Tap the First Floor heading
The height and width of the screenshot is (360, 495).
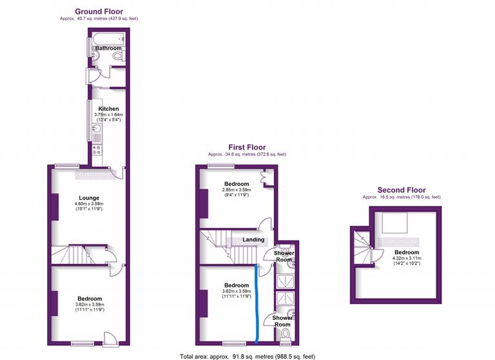click(246, 147)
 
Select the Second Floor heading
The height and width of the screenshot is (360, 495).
click(402, 190)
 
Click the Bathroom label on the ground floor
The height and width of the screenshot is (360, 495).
click(108, 48)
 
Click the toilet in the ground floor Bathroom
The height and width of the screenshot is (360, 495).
click(117, 57)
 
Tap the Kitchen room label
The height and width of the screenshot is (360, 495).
click(108, 109)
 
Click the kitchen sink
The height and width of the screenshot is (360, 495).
click(97, 128)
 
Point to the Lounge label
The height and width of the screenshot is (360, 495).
click(89, 197)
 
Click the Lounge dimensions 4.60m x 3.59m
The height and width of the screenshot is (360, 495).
click(90, 205)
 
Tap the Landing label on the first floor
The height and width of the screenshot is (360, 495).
click(253, 240)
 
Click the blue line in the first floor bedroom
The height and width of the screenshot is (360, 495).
click(257, 303)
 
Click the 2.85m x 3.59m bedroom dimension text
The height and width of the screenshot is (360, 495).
click(236, 190)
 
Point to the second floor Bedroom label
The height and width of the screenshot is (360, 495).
click(407, 252)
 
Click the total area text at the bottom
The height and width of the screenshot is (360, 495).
click(247, 355)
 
